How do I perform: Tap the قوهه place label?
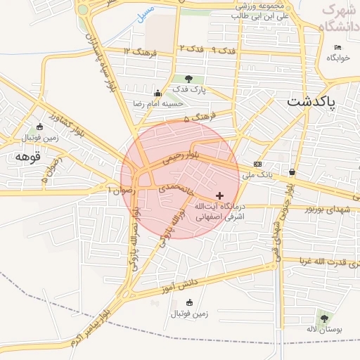coord(29,156)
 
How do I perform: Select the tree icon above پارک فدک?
coord(188,79)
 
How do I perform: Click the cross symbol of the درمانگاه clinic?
coord(220,195)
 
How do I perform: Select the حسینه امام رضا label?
coord(158,103)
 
